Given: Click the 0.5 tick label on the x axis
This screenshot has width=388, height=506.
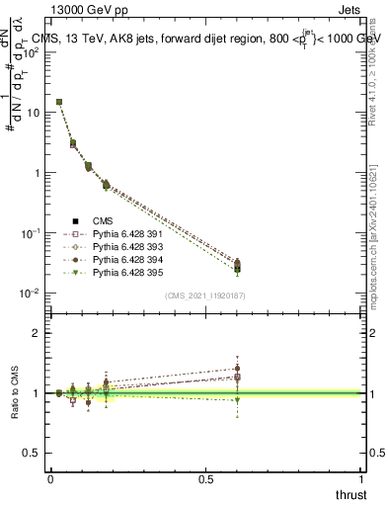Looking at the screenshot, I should tap(207, 478).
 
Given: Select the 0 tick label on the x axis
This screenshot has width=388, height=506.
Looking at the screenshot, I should tap(50, 478).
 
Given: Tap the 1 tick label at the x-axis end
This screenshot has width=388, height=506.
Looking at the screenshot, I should tap(363, 478).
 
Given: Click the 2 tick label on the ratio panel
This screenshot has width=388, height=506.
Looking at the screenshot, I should tap(39, 333).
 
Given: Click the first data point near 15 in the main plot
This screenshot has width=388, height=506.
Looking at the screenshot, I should tap(59, 102).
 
